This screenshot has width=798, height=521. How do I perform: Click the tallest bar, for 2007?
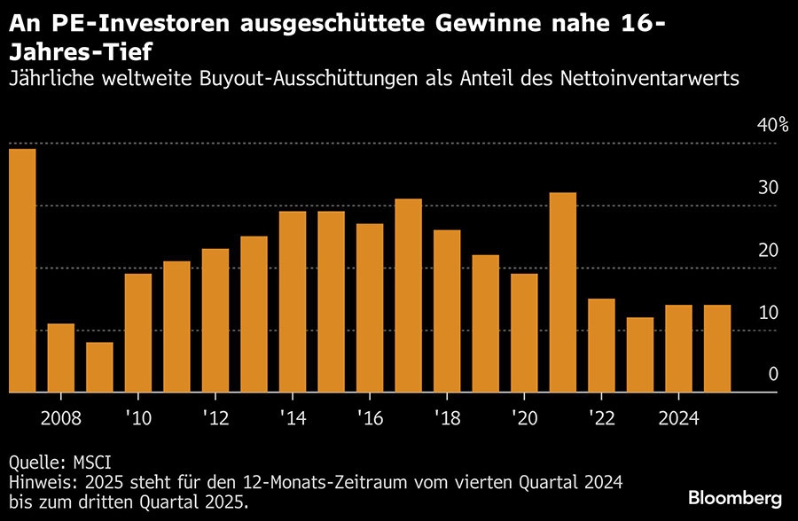tap(22, 270)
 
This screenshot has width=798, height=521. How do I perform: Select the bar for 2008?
tap(61, 358)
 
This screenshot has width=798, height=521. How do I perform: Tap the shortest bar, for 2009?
tap(99, 367)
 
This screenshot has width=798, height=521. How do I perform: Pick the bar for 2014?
tap(293, 301)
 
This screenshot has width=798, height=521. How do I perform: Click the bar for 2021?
tap(563, 292)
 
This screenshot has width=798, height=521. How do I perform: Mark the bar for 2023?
tap(640, 354)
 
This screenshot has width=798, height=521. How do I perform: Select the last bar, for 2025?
tap(717, 348)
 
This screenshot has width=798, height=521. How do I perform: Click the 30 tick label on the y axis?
tap(767, 188)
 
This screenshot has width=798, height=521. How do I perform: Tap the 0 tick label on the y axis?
tap(773, 375)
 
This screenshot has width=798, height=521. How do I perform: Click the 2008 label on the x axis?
tap(61, 416)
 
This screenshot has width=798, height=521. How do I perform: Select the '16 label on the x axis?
tap(369, 416)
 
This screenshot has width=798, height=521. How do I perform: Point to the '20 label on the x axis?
tap(524, 416)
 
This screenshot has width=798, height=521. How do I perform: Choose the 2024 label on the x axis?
tap(678, 416)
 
